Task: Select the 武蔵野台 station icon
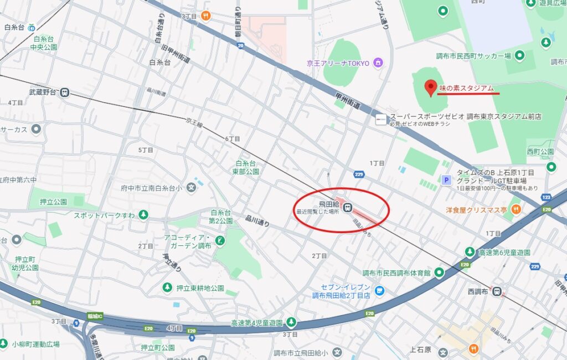(x=65, y=92)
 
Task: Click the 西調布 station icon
(x=497, y=290)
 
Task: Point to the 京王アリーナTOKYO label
(x=338, y=63)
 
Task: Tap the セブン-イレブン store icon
(x=379, y=290)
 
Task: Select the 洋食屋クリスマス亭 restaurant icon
(x=516, y=209)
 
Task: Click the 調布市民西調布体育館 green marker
(x=439, y=272)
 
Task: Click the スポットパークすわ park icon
(x=143, y=214)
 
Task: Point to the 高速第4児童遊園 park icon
(x=291, y=322)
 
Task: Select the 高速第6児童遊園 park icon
(x=470, y=253)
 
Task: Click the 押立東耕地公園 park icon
(x=167, y=287)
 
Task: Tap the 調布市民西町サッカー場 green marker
(x=519, y=55)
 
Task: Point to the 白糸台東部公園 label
(x=247, y=167)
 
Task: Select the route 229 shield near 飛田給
(x=359, y=175)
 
